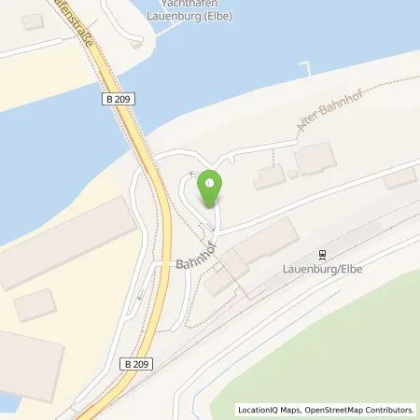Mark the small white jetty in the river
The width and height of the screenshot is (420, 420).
point(304,67)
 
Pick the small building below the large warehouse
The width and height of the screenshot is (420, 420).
point(36,305)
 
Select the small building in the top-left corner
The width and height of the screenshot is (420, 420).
point(33,21)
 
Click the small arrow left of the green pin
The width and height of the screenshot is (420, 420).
point(191,174)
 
